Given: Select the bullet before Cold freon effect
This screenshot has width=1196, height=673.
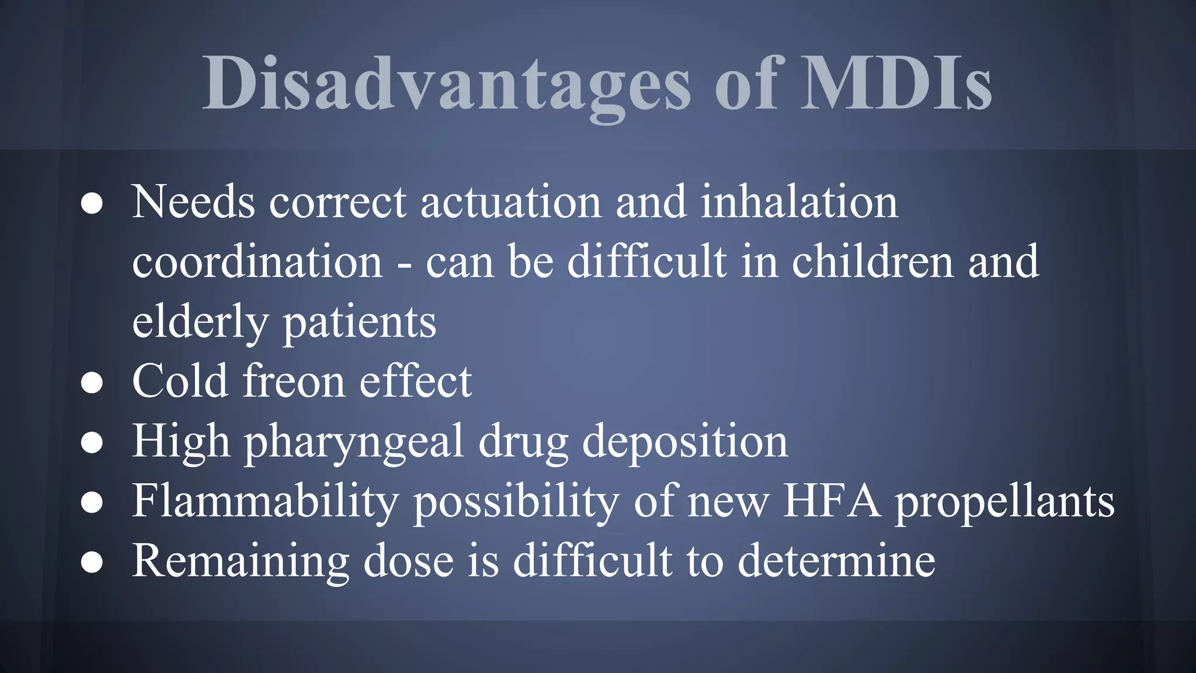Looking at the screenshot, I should [x=92, y=383].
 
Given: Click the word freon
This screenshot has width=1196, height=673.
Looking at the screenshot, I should [x=294, y=381].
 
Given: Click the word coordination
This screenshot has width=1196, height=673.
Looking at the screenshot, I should [x=257, y=262].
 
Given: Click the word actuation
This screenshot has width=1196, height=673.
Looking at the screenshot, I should [x=510, y=202].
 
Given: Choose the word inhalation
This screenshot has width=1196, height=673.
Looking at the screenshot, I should [x=799, y=202].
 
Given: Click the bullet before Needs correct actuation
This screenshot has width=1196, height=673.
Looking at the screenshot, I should [x=92, y=204].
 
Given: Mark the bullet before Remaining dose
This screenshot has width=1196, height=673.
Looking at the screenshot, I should [x=92, y=563].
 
